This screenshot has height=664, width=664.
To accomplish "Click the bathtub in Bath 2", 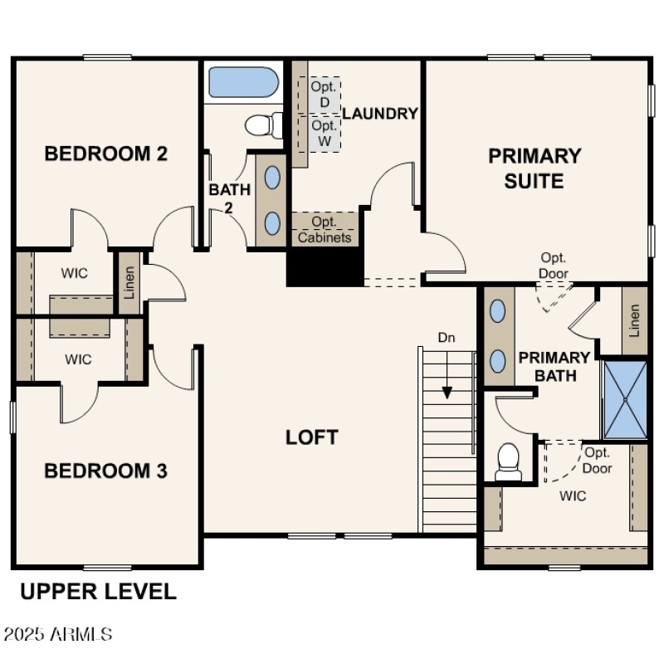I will pos(242,82).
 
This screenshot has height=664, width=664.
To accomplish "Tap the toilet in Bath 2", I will pos(263,126).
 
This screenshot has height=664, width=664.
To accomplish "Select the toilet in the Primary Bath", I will pos(507,461).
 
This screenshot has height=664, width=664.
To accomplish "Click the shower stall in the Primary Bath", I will pos(623,399).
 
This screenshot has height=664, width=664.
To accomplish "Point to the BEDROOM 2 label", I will pos(106,154).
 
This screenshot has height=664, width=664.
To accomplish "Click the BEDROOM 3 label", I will pos(105,471).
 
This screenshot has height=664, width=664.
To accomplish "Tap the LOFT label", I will pos(312,437).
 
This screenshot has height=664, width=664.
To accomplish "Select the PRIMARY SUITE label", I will pos(535,168).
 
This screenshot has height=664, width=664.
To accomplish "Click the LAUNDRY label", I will pos(379,114).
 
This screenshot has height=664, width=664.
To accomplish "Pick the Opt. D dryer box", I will pos(325,94).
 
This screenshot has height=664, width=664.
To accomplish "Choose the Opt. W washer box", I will pos(325,133).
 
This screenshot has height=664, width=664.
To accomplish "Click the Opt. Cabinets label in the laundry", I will pos(325,230).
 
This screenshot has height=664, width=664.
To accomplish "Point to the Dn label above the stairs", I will pos(447,338).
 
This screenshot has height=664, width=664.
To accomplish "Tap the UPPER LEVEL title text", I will pos(98,592).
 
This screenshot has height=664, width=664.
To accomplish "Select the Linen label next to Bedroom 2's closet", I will pos(129,283).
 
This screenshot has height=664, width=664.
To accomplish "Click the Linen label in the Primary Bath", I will pos(635,320).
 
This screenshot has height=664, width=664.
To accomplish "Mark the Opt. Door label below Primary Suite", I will pos(554,265).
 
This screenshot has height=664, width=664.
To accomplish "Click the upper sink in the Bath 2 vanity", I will pos(272,177).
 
